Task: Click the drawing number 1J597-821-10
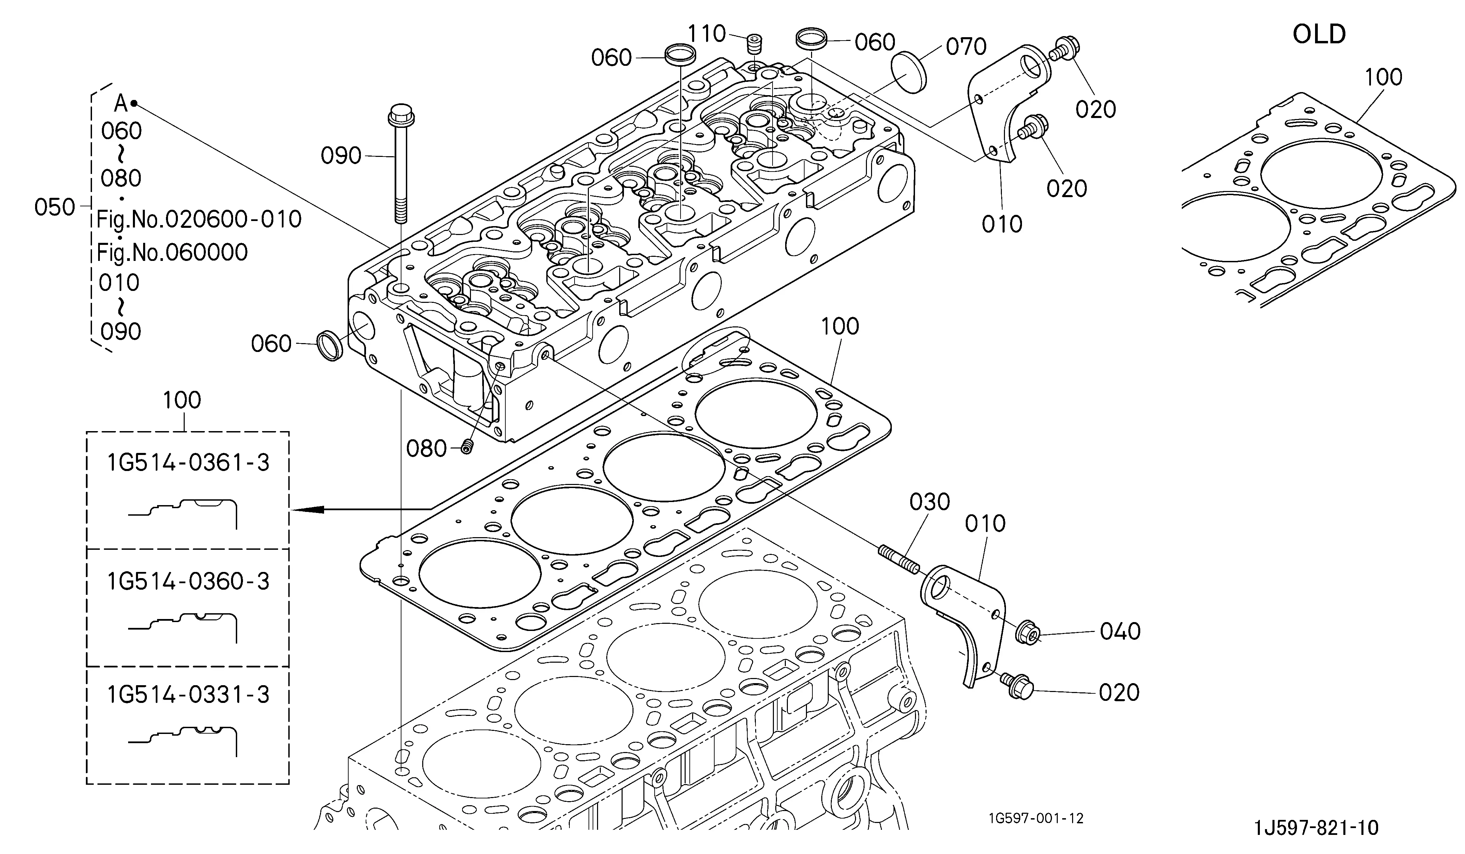1316,828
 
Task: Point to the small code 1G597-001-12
1036,819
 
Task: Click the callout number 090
341,156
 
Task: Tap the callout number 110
707,34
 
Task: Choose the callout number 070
966,46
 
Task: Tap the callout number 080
426,448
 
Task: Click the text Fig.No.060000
172,252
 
